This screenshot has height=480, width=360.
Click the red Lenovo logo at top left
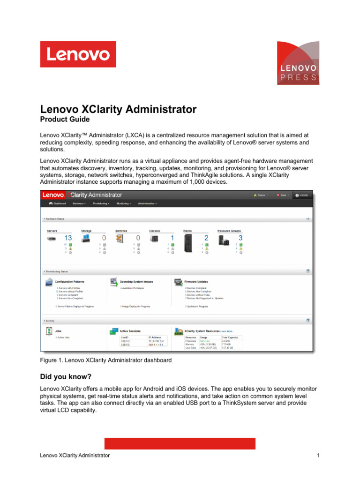(78, 54)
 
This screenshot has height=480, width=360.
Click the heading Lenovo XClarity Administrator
(118, 109)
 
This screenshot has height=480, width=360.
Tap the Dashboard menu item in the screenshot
(58, 203)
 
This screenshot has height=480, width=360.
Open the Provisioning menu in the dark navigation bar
(101, 203)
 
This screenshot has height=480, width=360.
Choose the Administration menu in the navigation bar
(147, 203)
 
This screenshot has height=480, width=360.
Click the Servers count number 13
(68, 238)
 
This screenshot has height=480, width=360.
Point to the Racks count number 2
(206, 238)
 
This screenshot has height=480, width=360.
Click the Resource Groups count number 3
(240, 238)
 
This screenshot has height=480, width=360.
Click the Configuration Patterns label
(70, 282)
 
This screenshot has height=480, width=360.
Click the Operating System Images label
(136, 282)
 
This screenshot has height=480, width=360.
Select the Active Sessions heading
(131, 331)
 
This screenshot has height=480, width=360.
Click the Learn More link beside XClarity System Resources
(227, 331)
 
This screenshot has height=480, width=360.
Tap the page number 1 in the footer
(318, 455)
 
